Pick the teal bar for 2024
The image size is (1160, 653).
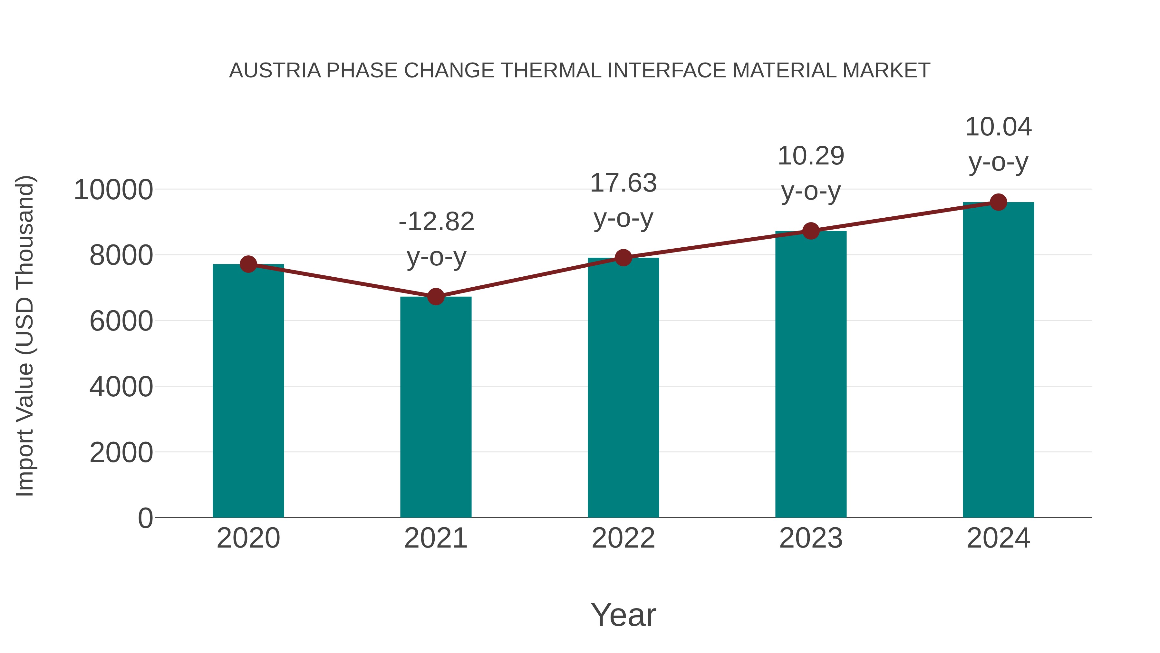pyautogui.click(x=998, y=361)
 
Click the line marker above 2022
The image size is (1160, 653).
pyautogui.click(x=623, y=258)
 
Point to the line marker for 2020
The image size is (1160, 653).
pyautogui.click(x=248, y=264)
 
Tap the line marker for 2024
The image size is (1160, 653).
pyautogui.click(x=998, y=202)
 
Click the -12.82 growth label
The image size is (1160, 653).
pyautogui.click(x=436, y=222)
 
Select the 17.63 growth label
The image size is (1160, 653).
pyautogui.click(x=623, y=183)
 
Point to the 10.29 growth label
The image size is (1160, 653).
pyautogui.click(x=811, y=156)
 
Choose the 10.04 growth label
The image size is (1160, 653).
pyautogui.click(x=998, y=127)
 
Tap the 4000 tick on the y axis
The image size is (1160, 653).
pyautogui.click(x=121, y=387)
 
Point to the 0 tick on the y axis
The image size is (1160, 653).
pyautogui.click(x=145, y=518)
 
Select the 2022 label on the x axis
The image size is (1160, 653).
pyautogui.click(x=623, y=538)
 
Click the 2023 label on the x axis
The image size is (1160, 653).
pyautogui.click(x=811, y=538)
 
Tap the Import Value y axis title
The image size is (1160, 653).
pyautogui.click(x=25, y=336)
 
